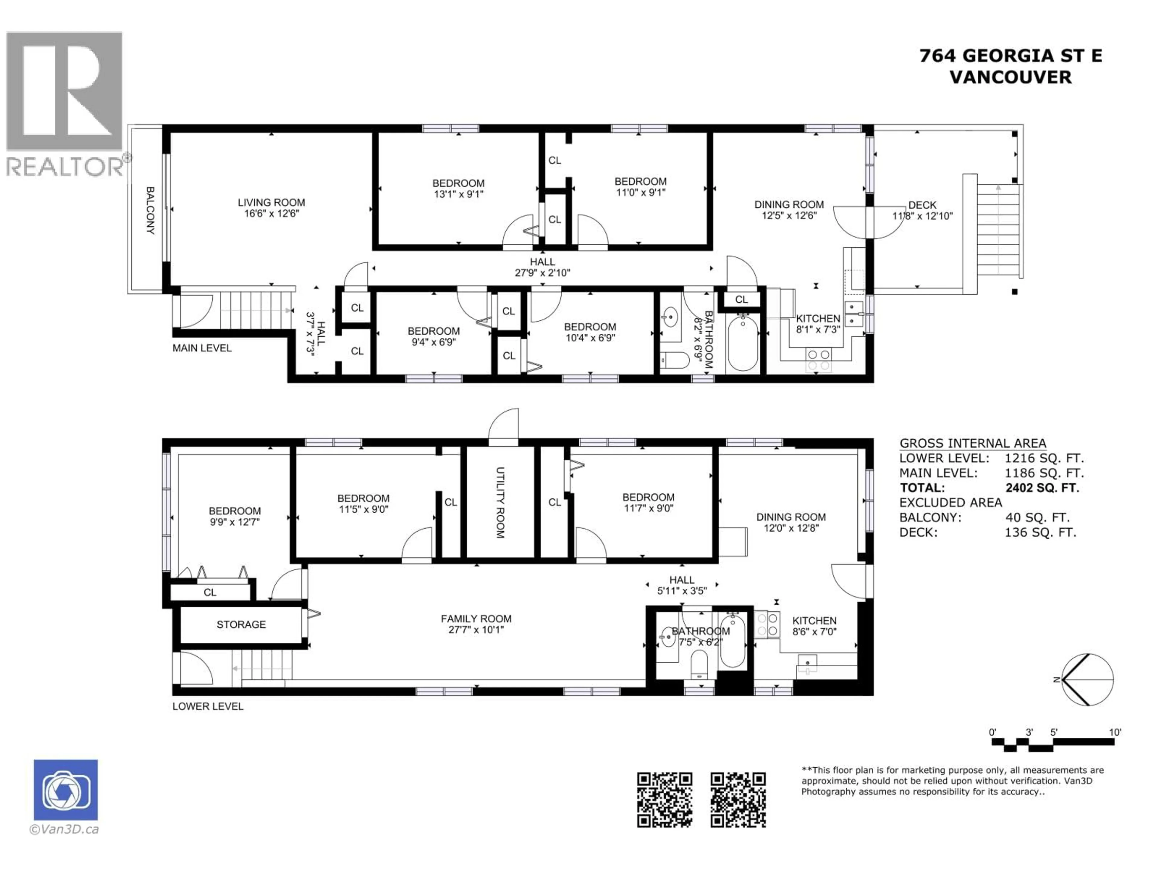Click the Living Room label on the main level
(271, 202)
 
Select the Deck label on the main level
(922, 205)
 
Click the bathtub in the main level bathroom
(742, 343)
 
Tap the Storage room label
(241, 624)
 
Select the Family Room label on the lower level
(476, 619)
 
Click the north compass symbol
(1087, 680)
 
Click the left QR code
(664, 800)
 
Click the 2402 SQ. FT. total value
(1042, 488)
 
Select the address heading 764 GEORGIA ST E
(1010, 56)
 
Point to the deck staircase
(998, 231)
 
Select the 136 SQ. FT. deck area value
(1040, 532)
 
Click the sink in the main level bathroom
(669, 317)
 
